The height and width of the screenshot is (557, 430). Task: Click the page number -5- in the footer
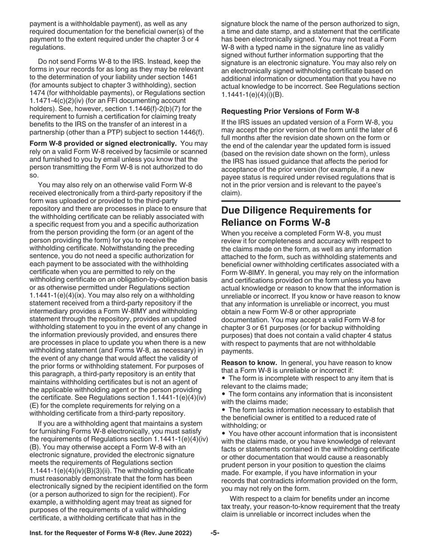click(x=215, y=533)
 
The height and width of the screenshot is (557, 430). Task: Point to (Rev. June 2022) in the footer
click(x=170, y=533)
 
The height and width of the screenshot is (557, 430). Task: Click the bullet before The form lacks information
click(x=224, y=410)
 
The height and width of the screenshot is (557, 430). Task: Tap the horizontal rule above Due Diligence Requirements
click(x=311, y=201)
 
